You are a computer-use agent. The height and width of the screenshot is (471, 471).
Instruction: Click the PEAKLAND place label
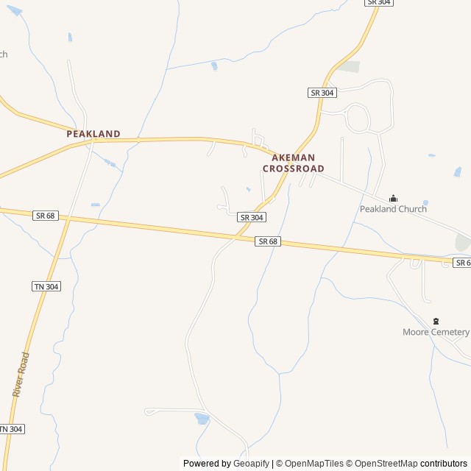click(x=93, y=134)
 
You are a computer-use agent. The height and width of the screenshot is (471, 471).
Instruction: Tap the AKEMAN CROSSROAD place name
click(x=293, y=163)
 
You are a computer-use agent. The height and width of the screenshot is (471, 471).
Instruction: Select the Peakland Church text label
click(x=393, y=209)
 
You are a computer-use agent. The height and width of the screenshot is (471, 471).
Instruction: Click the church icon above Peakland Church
click(x=393, y=198)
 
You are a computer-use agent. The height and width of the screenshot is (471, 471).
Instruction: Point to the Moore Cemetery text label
click(x=436, y=332)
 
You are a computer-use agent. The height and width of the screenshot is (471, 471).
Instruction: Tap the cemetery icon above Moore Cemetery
click(x=436, y=321)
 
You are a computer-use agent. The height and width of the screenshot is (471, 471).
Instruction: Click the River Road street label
click(x=21, y=375)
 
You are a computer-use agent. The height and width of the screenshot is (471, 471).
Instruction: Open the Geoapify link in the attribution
click(x=252, y=464)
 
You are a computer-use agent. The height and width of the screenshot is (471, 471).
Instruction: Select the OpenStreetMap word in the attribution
click(x=385, y=464)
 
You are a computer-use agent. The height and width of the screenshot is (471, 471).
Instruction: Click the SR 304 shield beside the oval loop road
click(x=322, y=92)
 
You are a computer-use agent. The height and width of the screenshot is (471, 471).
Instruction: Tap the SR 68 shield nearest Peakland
click(x=45, y=215)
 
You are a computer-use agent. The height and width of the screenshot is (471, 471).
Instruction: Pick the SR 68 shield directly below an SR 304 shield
click(x=268, y=241)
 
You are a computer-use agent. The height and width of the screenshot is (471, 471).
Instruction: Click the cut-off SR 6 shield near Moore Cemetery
click(x=461, y=263)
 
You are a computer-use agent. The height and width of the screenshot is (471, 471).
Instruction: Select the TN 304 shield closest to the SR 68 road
click(x=46, y=286)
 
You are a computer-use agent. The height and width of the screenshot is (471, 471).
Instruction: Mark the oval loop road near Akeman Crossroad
click(x=358, y=118)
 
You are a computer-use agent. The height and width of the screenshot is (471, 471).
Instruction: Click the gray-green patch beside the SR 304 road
click(x=349, y=67)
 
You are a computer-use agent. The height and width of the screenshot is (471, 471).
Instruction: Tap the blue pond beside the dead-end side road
click(x=202, y=419)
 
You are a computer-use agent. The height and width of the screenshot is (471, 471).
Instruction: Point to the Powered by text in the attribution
click(x=207, y=464)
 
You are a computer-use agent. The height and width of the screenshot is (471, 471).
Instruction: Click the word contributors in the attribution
click(x=444, y=464)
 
